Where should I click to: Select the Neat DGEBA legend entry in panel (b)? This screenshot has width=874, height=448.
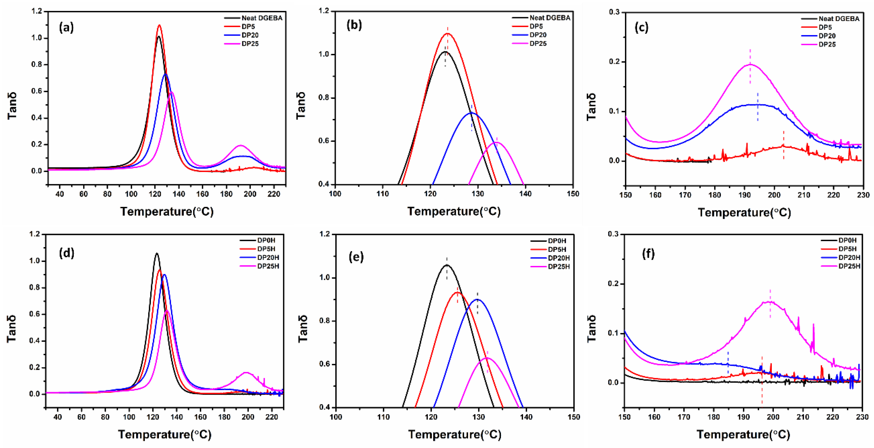[550, 18]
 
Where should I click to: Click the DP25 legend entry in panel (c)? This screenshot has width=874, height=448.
[827, 44]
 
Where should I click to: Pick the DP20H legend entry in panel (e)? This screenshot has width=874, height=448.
[559, 258]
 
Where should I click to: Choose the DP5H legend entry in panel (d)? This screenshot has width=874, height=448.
[266, 249]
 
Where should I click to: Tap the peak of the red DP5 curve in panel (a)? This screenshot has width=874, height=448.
[159, 25]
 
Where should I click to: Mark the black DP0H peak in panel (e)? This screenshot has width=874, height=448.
[447, 265]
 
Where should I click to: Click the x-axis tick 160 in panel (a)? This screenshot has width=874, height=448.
[203, 194]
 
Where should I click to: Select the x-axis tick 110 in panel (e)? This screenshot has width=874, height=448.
[383, 417]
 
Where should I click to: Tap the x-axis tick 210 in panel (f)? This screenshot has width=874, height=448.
[803, 417]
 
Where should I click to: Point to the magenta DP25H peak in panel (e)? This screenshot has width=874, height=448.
[487, 358]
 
